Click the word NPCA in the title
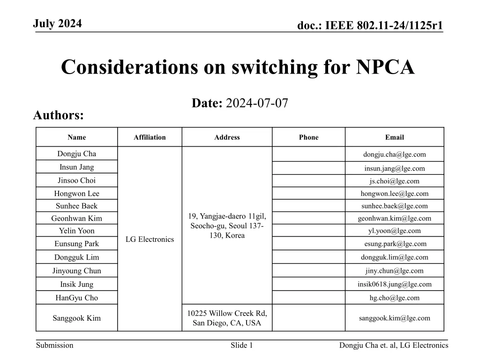(385, 67)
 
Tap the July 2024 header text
(58, 23)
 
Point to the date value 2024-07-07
(257, 104)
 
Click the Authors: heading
(59, 115)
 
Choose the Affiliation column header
(150, 137)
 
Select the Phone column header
(308, 137)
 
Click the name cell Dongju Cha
(76, 154)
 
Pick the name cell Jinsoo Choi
(76, 180)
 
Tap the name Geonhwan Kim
(76, 218)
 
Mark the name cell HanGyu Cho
(76, 298)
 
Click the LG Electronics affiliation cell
(150, 239)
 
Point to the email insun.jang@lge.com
(395, 168)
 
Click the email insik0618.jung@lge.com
(395, 284)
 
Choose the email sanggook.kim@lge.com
(395, 318)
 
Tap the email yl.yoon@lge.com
(395, 231)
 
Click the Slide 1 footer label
(242, 345)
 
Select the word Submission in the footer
(55, 345)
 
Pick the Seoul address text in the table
(227, 225)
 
